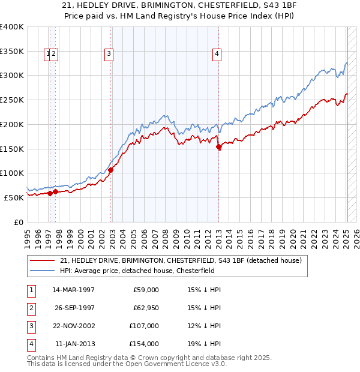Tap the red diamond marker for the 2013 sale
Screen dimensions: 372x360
218,146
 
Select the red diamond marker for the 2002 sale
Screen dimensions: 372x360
110,170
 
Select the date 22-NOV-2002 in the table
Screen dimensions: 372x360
74,326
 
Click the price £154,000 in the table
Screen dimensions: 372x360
145,344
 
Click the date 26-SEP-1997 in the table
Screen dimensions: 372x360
74,308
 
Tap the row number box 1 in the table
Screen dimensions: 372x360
31,290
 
